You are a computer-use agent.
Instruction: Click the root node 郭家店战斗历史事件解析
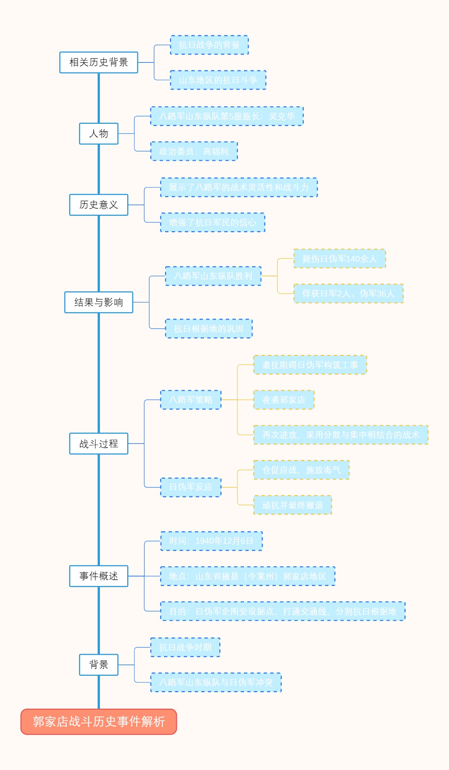pyautogui.click(x=98, y=721)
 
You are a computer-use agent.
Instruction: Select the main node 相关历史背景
pyautogui.click(x=98, y=62)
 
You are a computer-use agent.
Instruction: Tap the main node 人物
pyautogui.click(x=98, y=134)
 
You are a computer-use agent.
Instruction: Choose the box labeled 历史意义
pyautogui.click(x=98, y=205)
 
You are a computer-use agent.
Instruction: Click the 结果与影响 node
pyautogui.click(x=98, y=302)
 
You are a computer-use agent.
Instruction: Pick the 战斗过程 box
pyautogui.click(x=98, y=444)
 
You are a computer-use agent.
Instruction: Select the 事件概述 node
pyautogui.click(x=98, y=576)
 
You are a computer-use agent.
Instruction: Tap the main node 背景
pyautogui.click(x=98, y=665)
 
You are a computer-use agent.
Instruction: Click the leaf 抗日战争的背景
pyautogui.click(x=209, y=45)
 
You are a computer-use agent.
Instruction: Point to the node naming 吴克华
pyautogui.click(x=227, y=116)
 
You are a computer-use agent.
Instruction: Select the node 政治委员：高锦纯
pyautogui.click(x=194, y=151)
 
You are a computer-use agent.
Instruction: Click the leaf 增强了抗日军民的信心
pyautogui.click(x=213, y=223)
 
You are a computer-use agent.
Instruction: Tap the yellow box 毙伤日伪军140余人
pyautogui.click(x=339, y=258)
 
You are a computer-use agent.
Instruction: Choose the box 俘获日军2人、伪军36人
pyautogui.click(x=348, y=294)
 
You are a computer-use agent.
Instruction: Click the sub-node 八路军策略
pyautogui.click(x=191, y=400)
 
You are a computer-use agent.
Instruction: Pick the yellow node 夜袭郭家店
pyautogui.click(x=284, y=400)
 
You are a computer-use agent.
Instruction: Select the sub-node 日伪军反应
pyautogui.click(x=191, y=487)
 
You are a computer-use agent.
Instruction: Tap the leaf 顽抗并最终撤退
pyautogui.click(x=293, y=505)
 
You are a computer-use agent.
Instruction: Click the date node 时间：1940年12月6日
pyautogui.click(x=211, y=541)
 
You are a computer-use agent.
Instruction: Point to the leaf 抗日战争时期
pyautogui.click(x=185, y=647)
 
